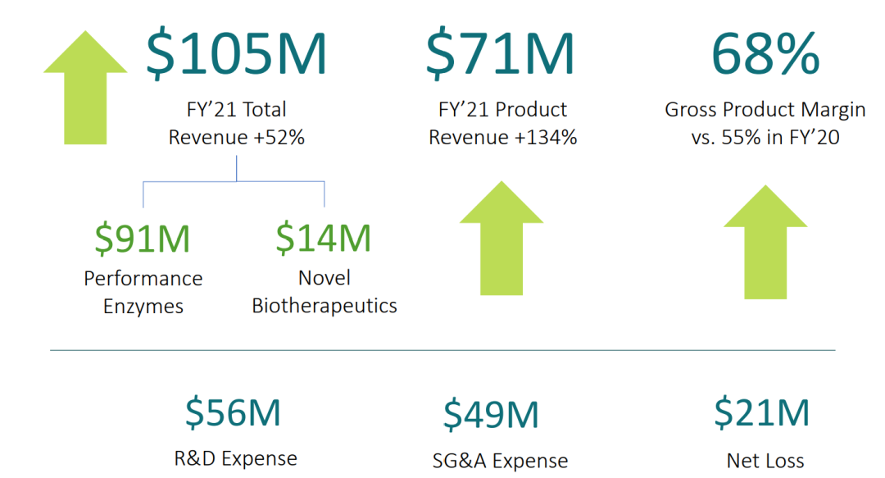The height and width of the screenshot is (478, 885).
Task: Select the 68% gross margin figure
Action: tap(765, 55)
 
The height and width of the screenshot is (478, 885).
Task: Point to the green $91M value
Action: tap(143, 238)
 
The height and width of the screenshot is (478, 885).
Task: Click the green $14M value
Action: tap(324, 238)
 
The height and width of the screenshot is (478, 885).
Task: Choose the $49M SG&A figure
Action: tap(492, 415)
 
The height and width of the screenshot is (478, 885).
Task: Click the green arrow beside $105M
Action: tap(85, 86)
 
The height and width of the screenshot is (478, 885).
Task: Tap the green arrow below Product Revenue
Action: tap(501, 238)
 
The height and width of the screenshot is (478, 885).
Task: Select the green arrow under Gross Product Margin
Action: tap(765, 242)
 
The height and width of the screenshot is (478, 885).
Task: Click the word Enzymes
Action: tap(143, 307)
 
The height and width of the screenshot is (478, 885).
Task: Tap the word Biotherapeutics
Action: tap(324, 307)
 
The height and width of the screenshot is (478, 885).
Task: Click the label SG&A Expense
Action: tap(500, 461)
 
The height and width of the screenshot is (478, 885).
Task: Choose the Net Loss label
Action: tap(765, 461)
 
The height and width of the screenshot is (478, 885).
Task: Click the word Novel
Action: tap(324, 279)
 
